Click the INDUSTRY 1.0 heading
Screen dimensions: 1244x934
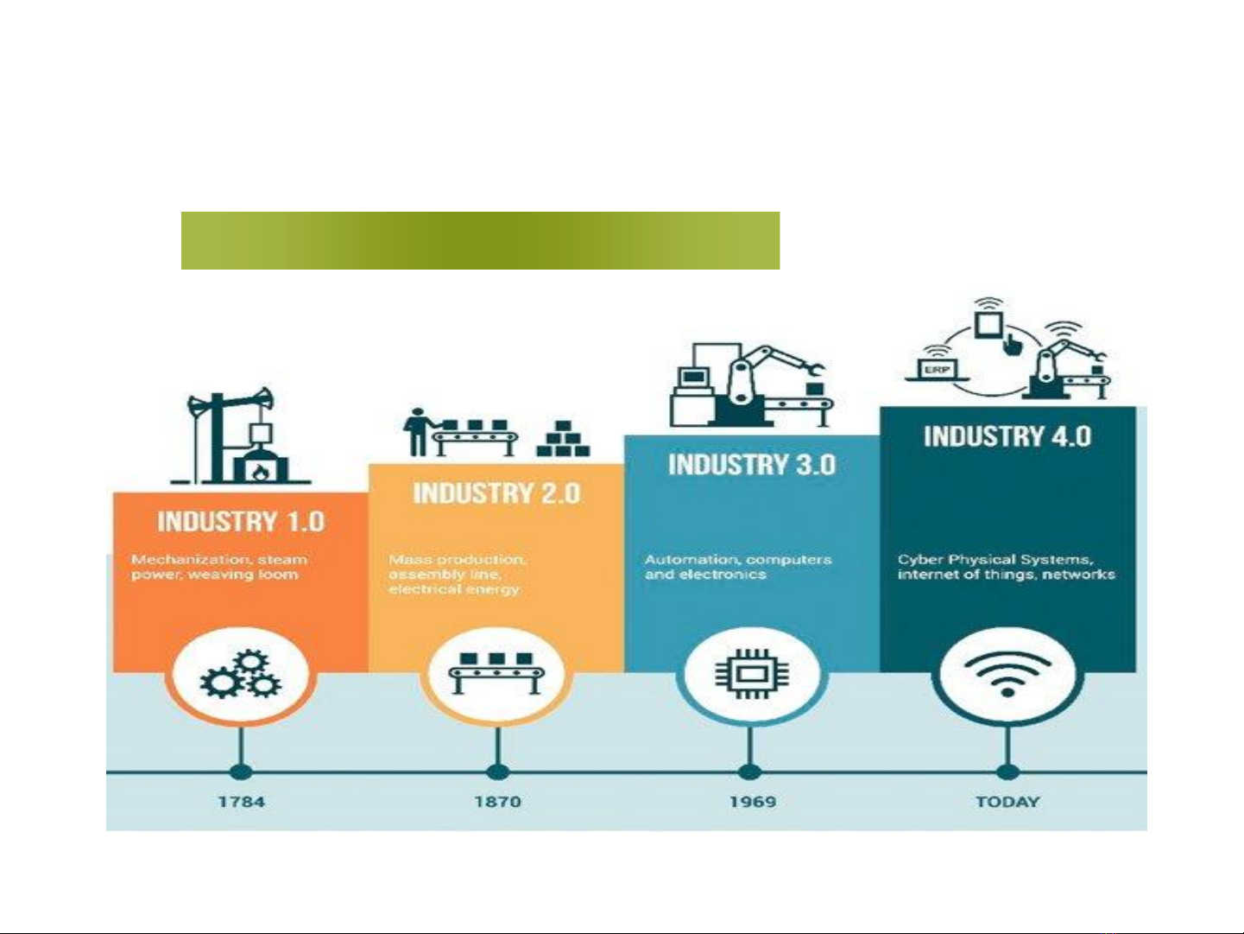241,522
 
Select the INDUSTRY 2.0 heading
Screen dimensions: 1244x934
497,493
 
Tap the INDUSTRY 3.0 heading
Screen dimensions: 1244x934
752,465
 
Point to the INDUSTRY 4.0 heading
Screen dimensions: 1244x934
1007,436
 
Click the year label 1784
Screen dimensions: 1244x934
242,802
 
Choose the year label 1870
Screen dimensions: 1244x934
497,802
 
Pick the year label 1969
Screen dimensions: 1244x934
753,802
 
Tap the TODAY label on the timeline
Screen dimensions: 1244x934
1007,802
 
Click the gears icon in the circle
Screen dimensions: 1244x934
241,674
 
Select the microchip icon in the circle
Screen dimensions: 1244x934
752,674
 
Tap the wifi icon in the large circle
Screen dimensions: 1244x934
1007,675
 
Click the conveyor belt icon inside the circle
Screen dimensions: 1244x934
496,673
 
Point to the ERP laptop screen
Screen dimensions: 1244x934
937,370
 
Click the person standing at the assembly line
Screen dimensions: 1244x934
417,431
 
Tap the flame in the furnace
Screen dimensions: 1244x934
260,472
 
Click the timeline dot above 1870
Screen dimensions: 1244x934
497,772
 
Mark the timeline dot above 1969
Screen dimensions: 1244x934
750,772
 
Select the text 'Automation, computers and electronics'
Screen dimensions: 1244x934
738,567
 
